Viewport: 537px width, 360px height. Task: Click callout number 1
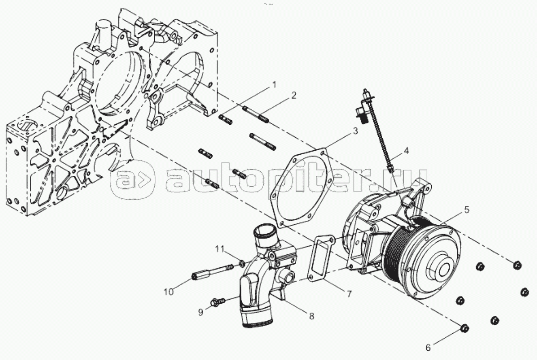click(x=274, y=85)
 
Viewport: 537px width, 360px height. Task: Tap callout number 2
click(x=294, y=96)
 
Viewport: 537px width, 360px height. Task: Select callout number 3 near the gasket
click(x=355, y=131)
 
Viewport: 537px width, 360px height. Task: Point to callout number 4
click(x=406, y=151)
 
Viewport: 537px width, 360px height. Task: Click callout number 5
click(x=466, y=210)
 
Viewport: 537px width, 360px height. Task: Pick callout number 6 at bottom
click(x=428, y=347)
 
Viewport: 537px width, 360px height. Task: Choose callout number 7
click(x=349, y=294)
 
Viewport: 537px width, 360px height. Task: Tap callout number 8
click(x=311, y=316)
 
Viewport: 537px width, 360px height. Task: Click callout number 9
click(x=200, y=312)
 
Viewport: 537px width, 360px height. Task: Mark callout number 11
click(x=220, y=249)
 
